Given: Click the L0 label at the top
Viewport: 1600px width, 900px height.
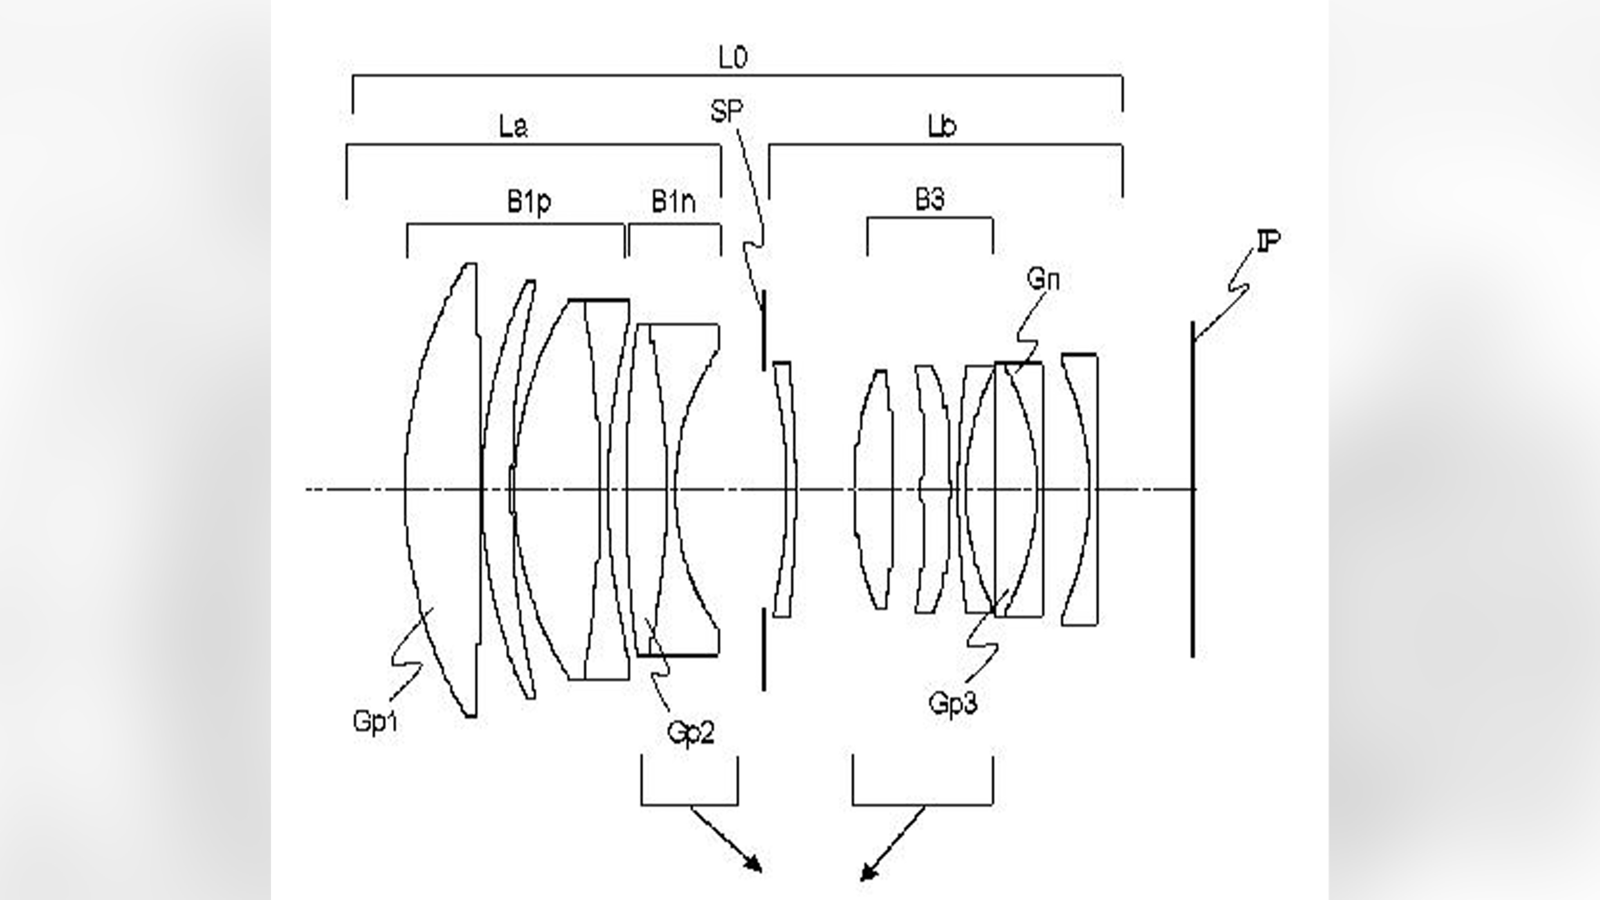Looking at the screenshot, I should (733, 58).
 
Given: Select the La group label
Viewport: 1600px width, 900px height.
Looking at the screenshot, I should (513, 127).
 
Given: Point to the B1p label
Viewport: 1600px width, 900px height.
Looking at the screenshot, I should (528, 202).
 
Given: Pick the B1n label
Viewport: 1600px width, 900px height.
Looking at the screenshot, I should (673, 202).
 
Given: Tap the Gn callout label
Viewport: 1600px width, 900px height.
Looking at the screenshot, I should (1043, 280).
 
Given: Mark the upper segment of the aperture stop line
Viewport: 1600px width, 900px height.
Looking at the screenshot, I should (763, 329).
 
